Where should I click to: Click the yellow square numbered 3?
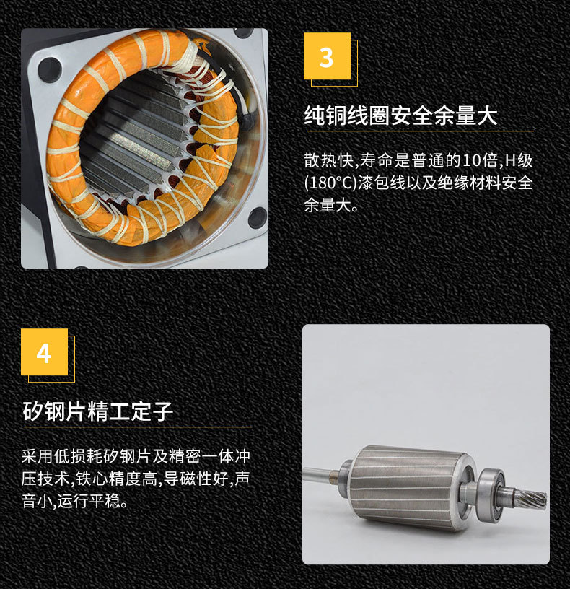(327, 56)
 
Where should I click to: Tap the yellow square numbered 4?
(44, 352)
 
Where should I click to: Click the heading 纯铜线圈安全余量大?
(400, 115)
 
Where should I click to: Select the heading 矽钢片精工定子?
(97, 411)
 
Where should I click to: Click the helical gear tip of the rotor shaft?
(534, 498)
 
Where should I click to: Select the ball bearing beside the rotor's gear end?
(490, 493)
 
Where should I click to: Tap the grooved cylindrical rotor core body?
(410, 487)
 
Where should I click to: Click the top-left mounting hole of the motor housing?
(49, 69)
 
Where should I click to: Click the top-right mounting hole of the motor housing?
(243, 33)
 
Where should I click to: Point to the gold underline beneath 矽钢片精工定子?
(137, 427)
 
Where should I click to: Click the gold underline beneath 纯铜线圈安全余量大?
(420, 131)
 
